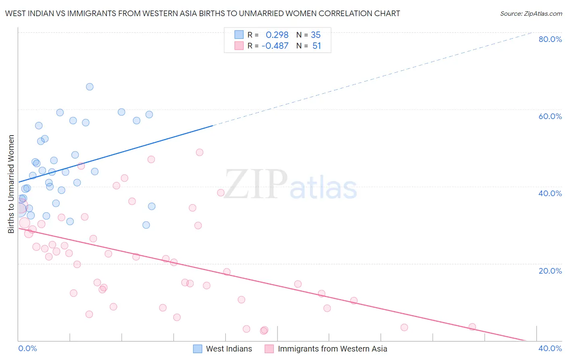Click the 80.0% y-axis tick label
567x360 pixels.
550,39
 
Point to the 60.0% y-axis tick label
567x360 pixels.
550,116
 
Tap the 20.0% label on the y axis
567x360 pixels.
550,271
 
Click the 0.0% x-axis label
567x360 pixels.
27,348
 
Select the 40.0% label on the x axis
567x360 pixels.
550,348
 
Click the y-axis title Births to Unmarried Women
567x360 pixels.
11,184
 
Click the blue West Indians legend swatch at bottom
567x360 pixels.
198,349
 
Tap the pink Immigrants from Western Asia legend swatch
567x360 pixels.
269,349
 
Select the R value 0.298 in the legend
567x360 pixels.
277,35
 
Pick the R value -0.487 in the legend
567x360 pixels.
275,46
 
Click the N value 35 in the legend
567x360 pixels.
316,35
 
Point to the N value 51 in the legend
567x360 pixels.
317,46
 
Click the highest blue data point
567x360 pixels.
90,87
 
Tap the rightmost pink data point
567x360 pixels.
472,327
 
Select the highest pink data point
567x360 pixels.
200,153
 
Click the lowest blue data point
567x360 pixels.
146,225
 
